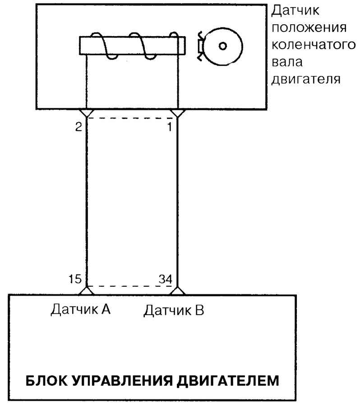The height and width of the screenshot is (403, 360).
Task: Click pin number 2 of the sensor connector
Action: (78, 127)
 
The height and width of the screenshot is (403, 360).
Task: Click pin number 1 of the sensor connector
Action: (170, 127)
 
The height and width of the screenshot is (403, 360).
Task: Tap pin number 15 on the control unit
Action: (75, 279)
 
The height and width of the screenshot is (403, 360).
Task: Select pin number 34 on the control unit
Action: (166, 279)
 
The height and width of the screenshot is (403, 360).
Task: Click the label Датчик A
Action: (80, 309)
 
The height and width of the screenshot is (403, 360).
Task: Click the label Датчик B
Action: (174, 310)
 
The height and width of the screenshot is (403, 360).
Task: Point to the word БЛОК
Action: (46, 380)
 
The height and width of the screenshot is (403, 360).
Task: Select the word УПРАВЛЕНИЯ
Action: (122, 380)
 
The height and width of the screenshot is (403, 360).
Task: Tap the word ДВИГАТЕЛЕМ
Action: (228, 381)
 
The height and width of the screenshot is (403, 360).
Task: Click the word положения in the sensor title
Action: (309, 28)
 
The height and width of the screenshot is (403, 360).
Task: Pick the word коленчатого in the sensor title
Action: (314, 45)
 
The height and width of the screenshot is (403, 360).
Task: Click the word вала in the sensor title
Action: (287, 62)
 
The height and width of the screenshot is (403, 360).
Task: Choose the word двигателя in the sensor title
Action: (306, 79)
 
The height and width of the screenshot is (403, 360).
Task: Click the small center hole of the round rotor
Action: (223, 46)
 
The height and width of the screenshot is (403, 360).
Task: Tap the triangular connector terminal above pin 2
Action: (87, 113)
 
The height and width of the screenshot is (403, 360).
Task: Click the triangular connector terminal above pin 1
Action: (178, 113)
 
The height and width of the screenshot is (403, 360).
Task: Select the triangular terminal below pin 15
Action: (87, 291)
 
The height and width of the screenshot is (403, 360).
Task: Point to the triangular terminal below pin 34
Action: (178, 291)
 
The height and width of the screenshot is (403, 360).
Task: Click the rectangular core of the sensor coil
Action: (133, 46)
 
